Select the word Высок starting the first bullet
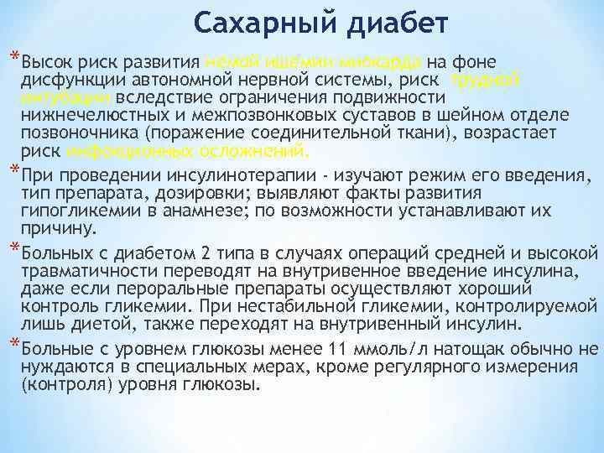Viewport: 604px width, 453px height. tap(49, 62)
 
